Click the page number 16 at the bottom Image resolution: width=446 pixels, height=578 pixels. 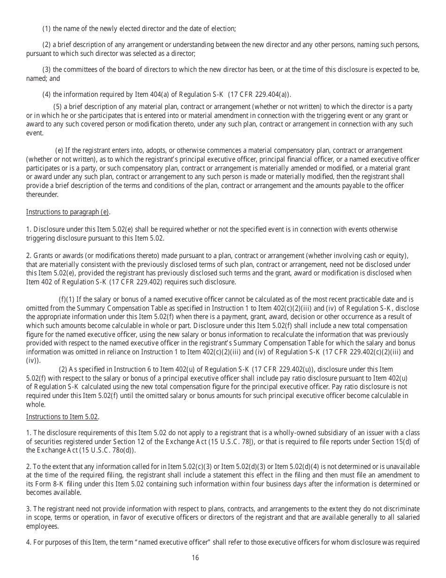coord(195,558)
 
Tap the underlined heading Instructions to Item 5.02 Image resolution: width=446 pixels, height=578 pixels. coord(62,416)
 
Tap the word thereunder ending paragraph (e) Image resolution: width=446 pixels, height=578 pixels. coord(42,195)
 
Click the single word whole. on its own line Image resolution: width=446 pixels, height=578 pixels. coord(36,404)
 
